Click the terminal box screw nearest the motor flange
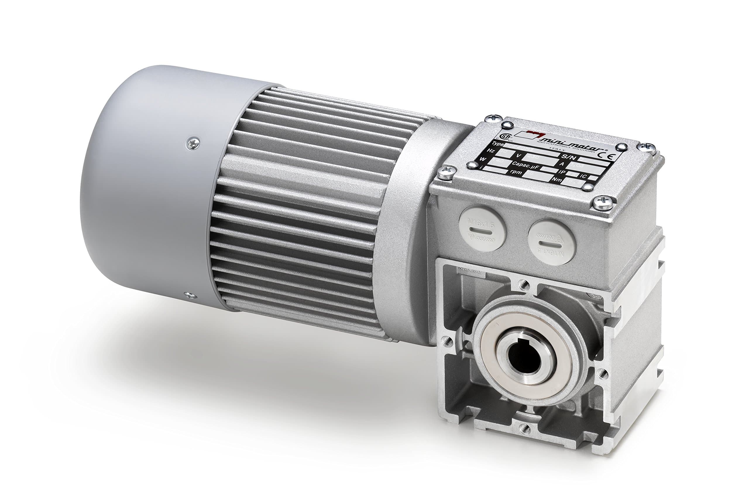point(446,172)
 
